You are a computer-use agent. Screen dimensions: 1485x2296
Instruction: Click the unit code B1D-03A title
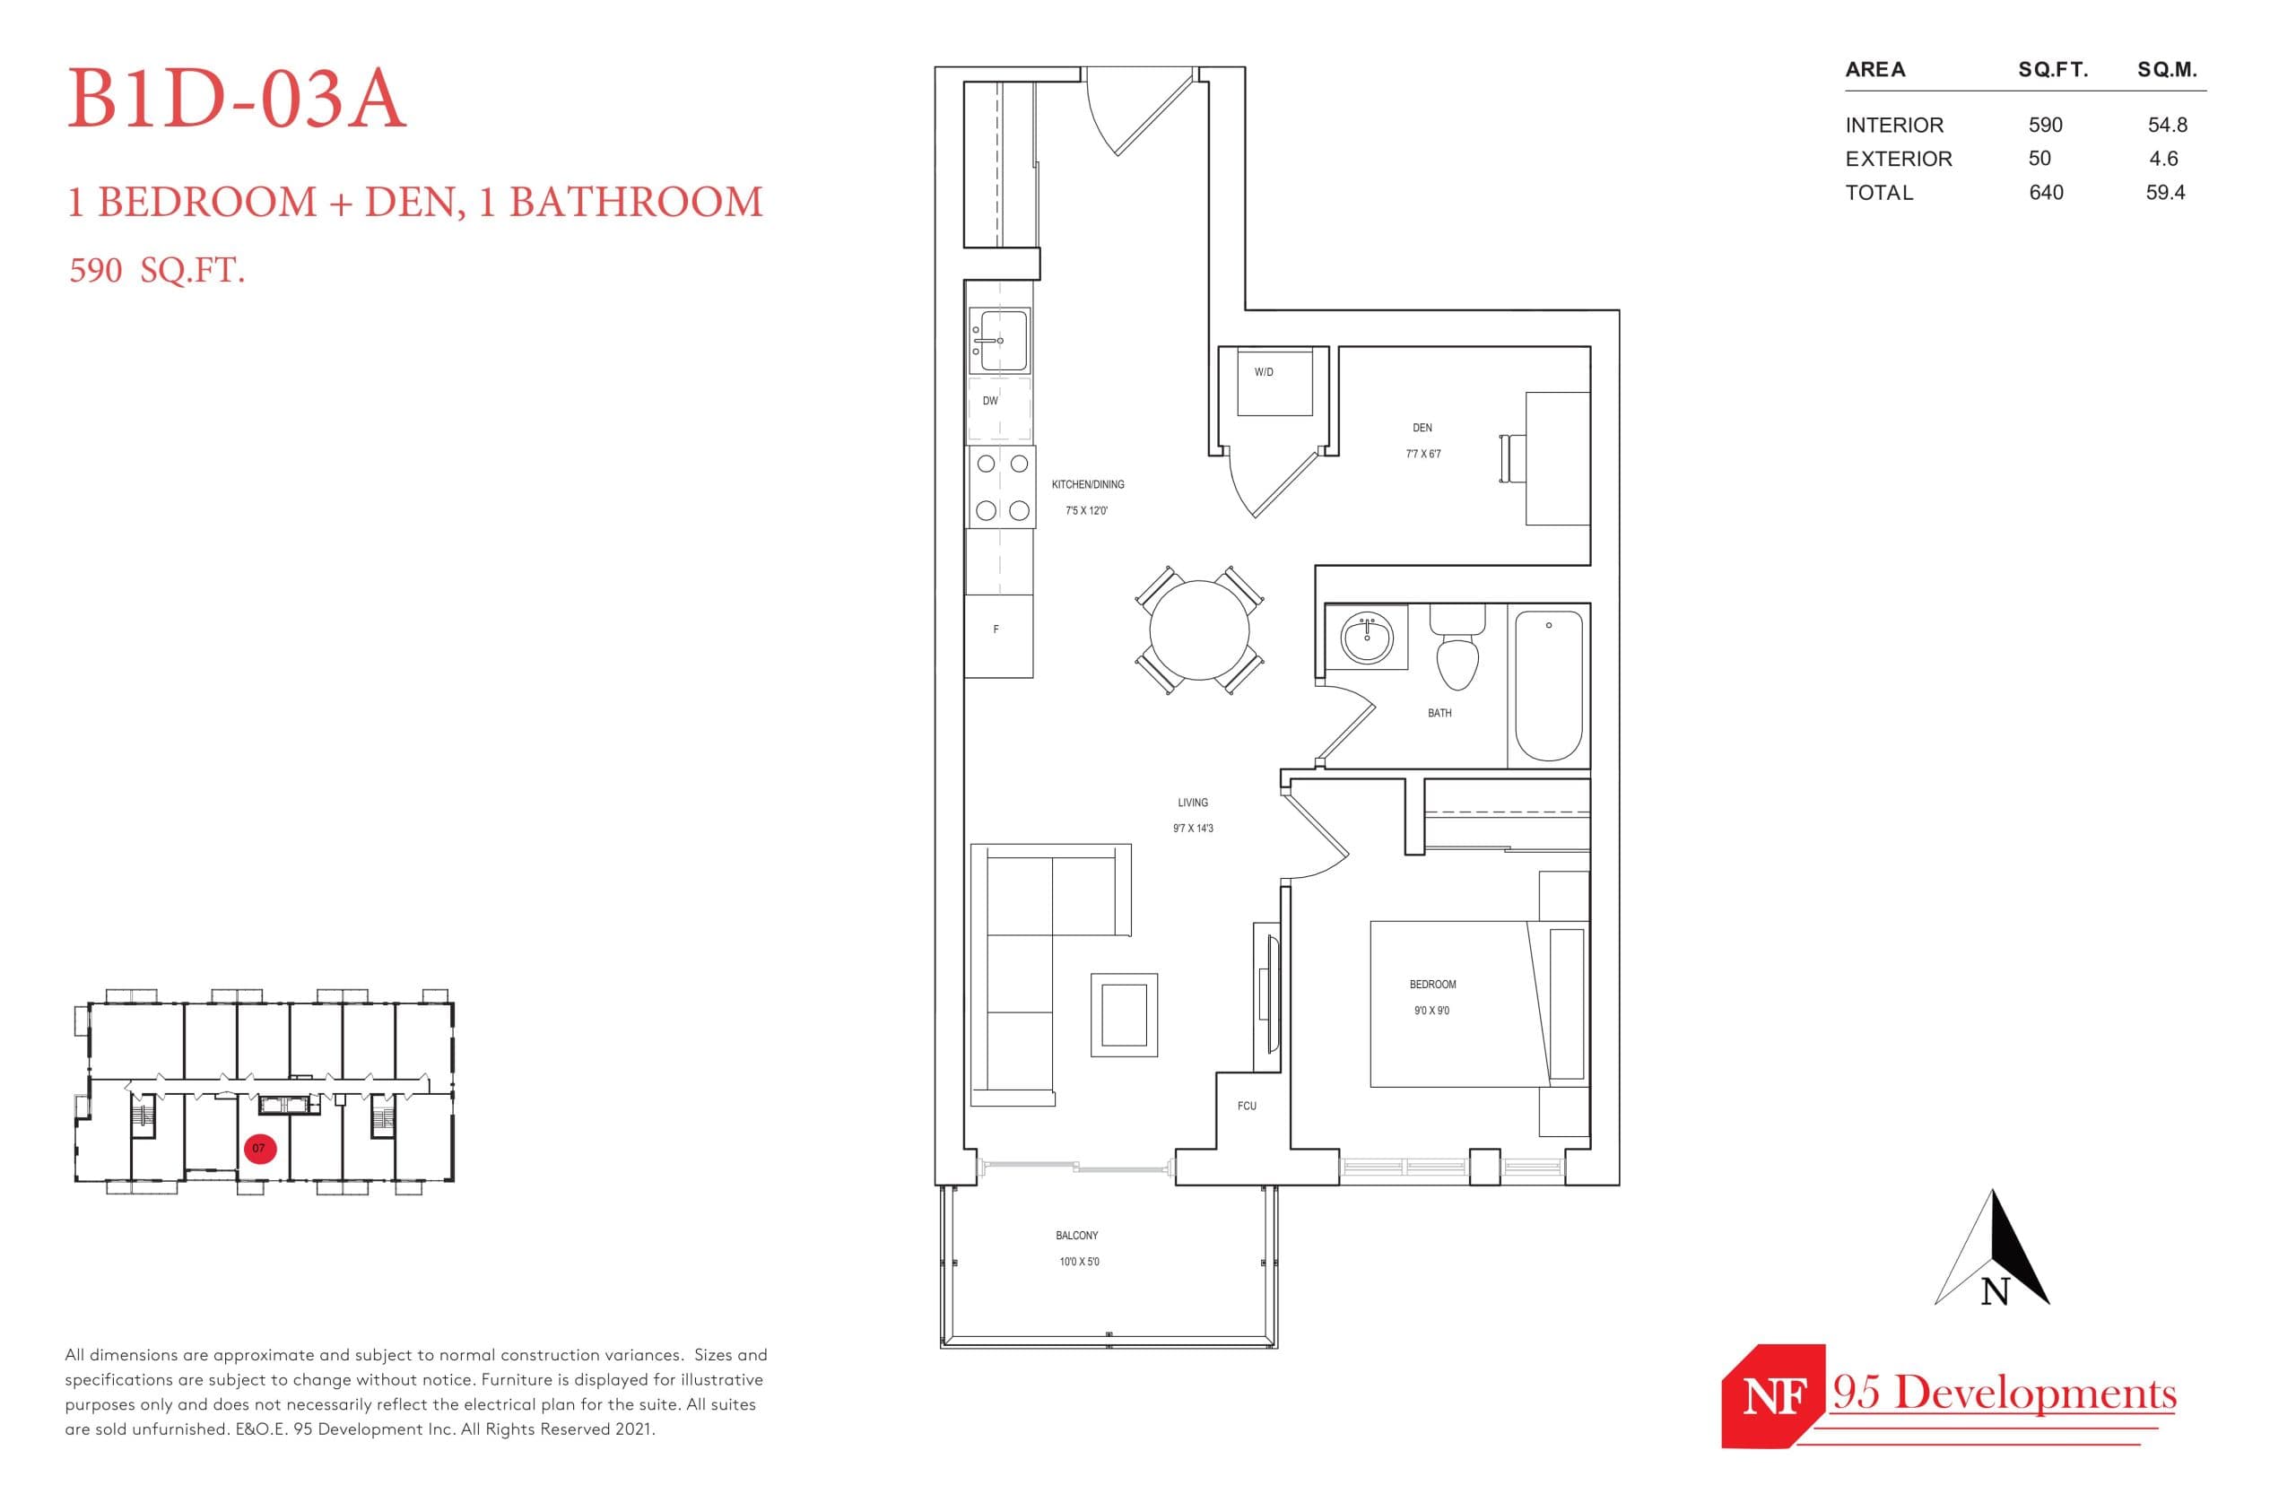[236, 100]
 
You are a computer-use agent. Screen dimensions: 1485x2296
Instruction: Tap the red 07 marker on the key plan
[259, 1149]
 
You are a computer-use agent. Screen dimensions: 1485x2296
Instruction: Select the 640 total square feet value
[2044, 193]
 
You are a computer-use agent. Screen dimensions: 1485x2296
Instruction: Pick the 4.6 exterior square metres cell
[2163, 159]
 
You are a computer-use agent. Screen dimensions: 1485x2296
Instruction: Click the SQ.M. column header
[2166, 70]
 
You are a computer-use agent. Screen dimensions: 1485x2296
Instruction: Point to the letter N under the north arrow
[1994, 1291]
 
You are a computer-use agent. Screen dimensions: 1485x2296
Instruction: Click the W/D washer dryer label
[1263, 372]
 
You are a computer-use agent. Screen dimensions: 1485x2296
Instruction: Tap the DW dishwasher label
[990, 401]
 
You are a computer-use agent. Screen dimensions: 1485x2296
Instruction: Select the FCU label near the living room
[1246, 1106]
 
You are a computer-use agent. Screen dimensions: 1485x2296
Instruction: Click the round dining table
[1198, 630]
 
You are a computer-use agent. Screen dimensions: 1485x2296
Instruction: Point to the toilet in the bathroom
[1457, 652]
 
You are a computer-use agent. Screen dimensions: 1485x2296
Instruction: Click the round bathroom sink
[1367, 638]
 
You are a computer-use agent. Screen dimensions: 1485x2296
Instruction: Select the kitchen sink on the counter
[999, 341]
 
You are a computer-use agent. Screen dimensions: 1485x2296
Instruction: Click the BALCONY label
[1076, 1235]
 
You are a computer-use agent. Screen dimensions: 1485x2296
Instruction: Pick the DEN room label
[1422, 428]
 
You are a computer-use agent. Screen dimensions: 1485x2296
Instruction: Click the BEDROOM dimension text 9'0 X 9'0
[1431, 1011]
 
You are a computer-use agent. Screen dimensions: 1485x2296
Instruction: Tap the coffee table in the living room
[1124, 1015]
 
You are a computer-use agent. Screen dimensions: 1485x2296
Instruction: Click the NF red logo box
[1772, 1395]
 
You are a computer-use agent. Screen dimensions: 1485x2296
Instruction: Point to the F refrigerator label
[996, 630]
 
